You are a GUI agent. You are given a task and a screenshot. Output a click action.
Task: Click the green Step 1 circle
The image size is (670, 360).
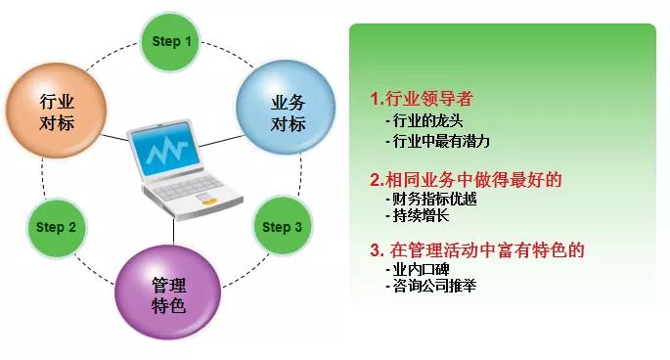[170, 41]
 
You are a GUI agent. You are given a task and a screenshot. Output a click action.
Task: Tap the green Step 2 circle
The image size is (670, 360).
[57, 227]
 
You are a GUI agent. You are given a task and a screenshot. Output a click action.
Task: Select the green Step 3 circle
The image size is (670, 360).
[282, 226]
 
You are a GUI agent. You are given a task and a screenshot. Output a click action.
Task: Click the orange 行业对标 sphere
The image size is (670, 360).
[57, 112]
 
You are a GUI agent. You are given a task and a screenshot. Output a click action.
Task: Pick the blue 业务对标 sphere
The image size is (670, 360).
[286, 108]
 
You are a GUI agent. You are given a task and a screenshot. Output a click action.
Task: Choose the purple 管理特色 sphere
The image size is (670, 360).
[168, 292]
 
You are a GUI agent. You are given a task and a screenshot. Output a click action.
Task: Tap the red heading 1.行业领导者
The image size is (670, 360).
[422, 99]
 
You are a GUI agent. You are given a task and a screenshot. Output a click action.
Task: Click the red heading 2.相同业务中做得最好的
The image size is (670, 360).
[466, 179]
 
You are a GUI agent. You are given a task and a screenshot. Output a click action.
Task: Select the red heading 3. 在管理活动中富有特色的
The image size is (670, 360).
[477, 250]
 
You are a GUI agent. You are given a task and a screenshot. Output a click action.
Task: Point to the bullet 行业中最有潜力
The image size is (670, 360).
[437, 141]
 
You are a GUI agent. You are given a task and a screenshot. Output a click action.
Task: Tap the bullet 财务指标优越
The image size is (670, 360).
[430, 199]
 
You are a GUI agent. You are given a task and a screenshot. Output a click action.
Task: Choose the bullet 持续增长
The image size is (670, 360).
[417, 215]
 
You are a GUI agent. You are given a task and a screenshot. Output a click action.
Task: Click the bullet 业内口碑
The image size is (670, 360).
[417, 269]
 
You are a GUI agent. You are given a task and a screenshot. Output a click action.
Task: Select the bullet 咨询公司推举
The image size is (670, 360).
[430, 286]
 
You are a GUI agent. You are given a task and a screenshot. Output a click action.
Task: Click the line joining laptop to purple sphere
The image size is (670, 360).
[174, 231]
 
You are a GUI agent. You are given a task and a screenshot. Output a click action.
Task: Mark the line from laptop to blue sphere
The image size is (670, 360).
[222, 141]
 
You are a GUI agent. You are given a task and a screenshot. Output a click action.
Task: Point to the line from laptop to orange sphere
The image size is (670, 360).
[114, 138]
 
